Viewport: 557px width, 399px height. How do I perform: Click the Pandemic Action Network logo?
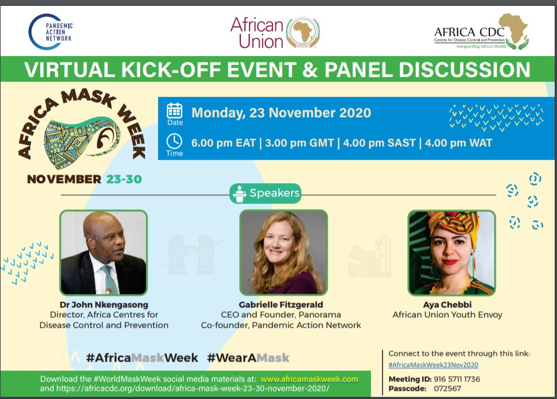pos(50,32)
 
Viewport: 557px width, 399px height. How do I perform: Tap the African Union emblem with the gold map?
pos(303,33)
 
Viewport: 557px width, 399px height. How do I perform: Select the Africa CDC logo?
pos(481,32)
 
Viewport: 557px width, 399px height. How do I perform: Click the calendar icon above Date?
pos(175,110)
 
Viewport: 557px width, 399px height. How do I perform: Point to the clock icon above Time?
pos(174,141)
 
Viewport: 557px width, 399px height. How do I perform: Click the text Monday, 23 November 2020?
pos(281,113)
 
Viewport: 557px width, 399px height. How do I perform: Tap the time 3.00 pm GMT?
pos(299,143)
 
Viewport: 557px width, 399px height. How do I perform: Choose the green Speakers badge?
pos(265,193)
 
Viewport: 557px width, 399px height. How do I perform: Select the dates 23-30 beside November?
pos(124,179)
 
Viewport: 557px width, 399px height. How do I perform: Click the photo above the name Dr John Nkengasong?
pos(103,253)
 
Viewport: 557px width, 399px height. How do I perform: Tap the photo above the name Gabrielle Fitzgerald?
pos(283,253)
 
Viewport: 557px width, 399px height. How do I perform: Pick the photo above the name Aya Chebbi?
pos(451,253)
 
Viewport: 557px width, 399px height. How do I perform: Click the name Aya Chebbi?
pos(447,304)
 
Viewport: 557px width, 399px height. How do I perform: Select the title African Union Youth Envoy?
pos(447,315)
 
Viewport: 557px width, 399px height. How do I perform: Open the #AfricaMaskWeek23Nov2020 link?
pos(433,365)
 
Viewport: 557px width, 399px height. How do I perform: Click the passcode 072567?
pos(447,388)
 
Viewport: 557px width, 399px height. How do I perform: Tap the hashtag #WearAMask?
pos(248,358)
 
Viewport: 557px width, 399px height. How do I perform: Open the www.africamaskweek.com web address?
pos(309,379)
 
